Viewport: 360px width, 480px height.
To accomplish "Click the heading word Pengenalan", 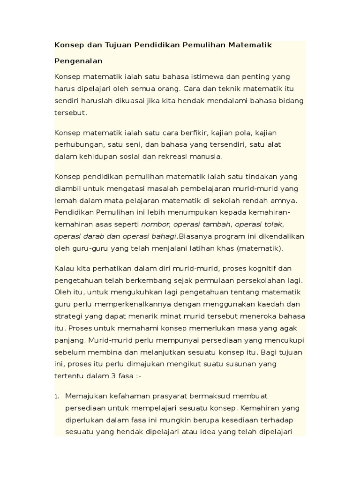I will coord(78,61).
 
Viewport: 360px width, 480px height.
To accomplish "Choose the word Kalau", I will coord(65,269).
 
